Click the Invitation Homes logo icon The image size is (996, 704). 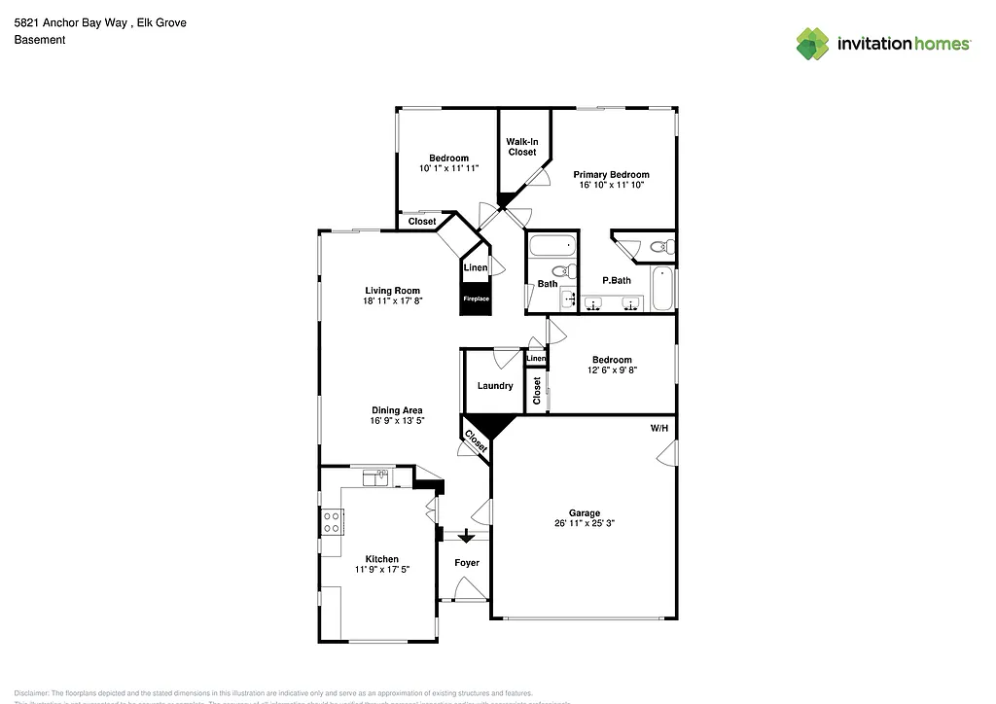813,43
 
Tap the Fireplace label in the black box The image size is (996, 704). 476,299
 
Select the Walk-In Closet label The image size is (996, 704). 521,147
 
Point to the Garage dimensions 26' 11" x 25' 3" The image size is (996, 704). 585,523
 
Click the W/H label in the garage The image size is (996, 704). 659,429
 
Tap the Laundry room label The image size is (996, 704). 495,386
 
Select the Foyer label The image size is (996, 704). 467,563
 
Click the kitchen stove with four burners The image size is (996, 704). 332,522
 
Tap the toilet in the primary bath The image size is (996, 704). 660,246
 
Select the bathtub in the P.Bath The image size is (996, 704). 662,289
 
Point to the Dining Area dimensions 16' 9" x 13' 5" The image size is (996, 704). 396,422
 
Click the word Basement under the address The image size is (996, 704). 40,40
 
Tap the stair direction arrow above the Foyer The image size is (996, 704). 467,535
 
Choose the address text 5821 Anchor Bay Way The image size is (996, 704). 70,23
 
